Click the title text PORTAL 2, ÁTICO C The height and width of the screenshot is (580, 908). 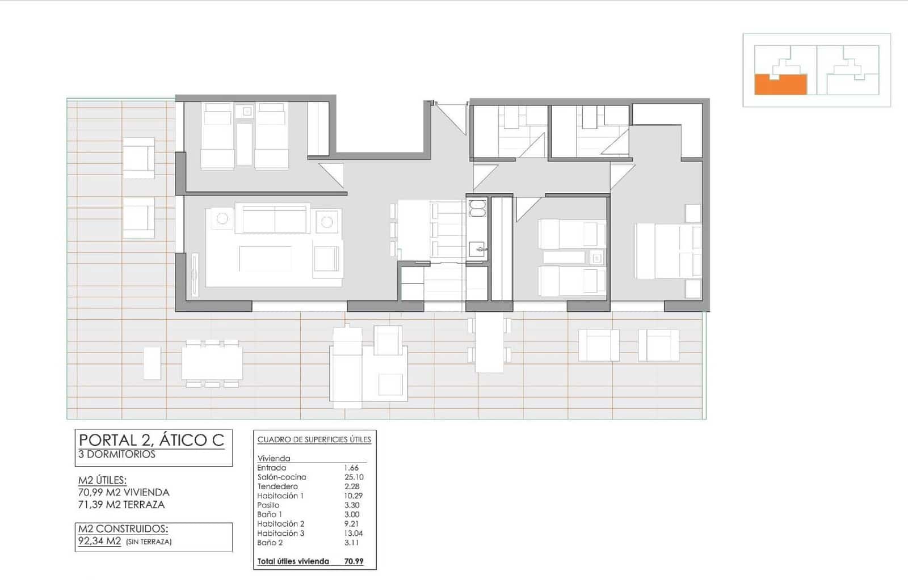tap(152, 440)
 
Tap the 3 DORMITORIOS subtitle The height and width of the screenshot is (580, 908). tap(117, 454)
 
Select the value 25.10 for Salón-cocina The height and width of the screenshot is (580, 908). tap(354, 477)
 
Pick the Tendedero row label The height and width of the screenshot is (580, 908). tap(278, 486)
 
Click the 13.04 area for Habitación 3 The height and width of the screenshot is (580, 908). tap(353, 533)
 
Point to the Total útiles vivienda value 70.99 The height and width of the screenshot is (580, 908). tap(354, 561)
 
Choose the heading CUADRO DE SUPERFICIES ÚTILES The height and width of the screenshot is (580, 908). tap(314, 439)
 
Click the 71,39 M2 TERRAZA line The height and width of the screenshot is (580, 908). tap(121, 505)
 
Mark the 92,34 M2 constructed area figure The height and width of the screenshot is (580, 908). tap(100, 541)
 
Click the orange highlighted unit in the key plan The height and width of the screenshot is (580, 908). tap(780, 85)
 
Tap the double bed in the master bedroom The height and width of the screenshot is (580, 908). tap(667, 251)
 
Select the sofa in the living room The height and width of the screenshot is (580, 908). tap(274, 219)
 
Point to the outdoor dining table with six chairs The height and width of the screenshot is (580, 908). tap(212, 363)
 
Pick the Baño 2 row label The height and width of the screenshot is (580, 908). tap(270, 543)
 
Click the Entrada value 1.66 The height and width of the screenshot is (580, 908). tap(351, 468)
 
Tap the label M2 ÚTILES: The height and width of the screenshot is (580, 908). tap(102, 480)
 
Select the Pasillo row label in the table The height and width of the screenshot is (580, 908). tap(268, 505)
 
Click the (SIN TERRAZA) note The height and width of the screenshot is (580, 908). tap(149, 541)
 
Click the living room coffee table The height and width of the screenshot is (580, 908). tap(266, 258)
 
